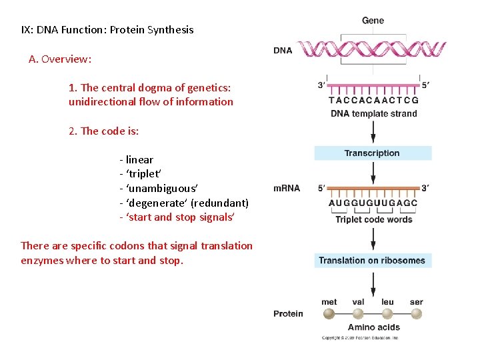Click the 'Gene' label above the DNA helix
[x=373, y=21]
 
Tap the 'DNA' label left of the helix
[x=283, y=51]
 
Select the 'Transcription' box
[x=373, y=153]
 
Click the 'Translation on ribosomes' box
[x=373, y=261]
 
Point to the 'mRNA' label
[x=287, y=188]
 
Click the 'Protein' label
[x=288, y=313]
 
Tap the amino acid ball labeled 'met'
[x=329, y=314]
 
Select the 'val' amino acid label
[x=358, y=302]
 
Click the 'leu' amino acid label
[x=387, y=302]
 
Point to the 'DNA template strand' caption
[x=373, y=113]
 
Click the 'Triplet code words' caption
[x=373, y=219]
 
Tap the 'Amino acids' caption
[x=373, y=327]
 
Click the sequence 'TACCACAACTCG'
[x=373, y=101]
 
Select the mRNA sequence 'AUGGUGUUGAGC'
[x=373, y=203]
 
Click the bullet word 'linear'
[x=139, y=160]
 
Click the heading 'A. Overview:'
[x=60, y=59]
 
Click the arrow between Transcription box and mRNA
[x=373, y=171]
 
